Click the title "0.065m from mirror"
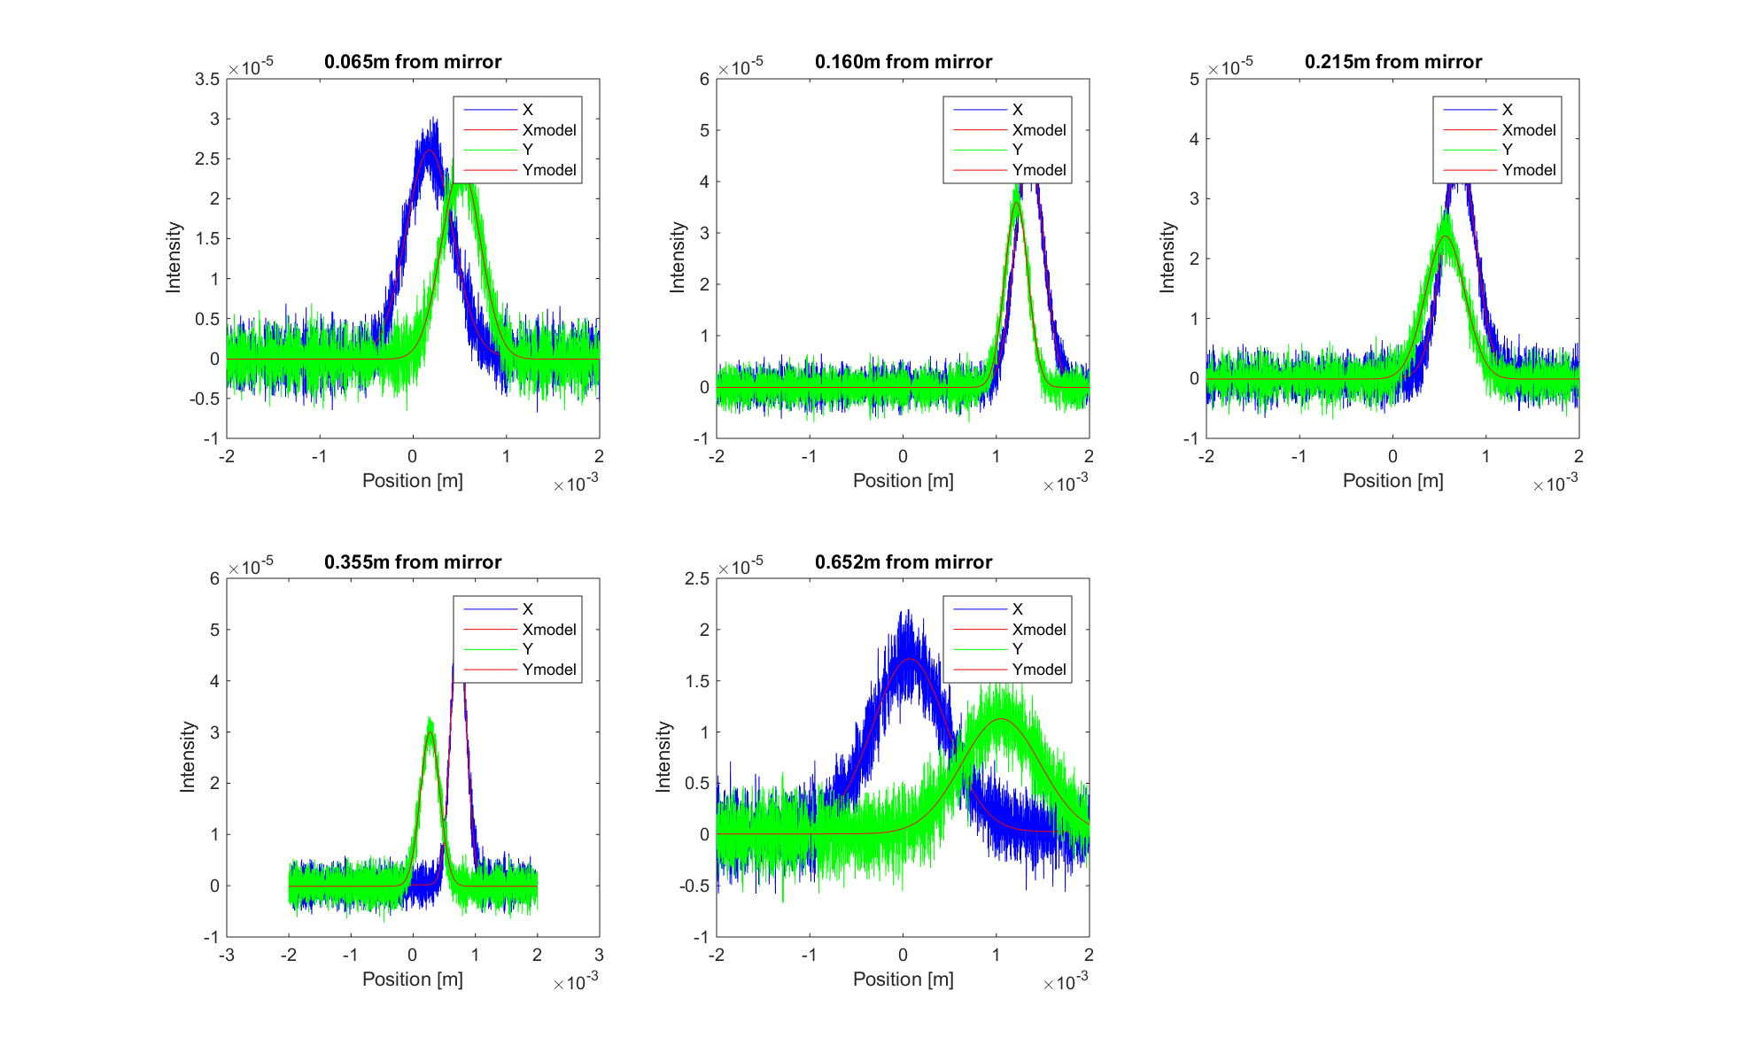[x=413, y=62]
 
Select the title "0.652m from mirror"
[x=904, y=562]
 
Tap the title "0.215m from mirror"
[x=1393, y=62]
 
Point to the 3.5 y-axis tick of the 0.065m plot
[x=207, y=80]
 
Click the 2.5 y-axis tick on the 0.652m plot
[x=697, y=579]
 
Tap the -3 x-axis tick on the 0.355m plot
[x=227, y=955]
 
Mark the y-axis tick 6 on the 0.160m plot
[x=704, y=80]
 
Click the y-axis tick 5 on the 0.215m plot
[x=1194, y=80]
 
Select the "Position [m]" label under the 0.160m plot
[x=903, y=481]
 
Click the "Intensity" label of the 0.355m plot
[x=187, y=756]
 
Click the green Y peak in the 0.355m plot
[x=430, y=722]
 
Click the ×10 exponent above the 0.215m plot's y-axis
[x=1231, y=66]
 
